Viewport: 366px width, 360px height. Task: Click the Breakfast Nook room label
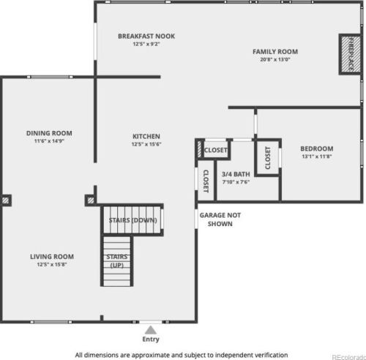pyautogui.click(x=146, y=36)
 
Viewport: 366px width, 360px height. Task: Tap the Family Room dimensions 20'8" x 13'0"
pyautogui.click(x=275, y=59)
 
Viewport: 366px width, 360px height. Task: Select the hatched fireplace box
pyautogui.click(x=350, y=54)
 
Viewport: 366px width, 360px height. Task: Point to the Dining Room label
pyautogui.click(x=49, y=133)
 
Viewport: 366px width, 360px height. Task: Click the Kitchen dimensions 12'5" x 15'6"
pyautogui.click(x=146, y=144)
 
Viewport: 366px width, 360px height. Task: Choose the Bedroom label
pyautogui.click(x=317, y=149)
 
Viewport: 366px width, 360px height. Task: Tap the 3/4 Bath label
pyautogui.click(x=236, y=174)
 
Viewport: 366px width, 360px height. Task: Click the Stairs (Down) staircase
pyautogui.click(x=132, y=220)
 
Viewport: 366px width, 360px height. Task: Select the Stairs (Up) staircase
pyautogui.click(x=117, y=261)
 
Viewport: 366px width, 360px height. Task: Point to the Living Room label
pyautogui.click(x=52, y=257)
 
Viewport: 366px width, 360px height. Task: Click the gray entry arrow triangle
pyautogui.click(x=151, y=330)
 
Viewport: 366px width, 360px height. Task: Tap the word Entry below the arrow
pyautogui.click(x=151, y=340)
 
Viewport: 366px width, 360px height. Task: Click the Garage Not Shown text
pyautogui.click(x=220, y=220)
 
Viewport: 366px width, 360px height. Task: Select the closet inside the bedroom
pyautogui.click(x=268, y=157)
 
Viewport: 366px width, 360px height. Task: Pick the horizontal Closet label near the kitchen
pyautogui.click(x=216, y=150)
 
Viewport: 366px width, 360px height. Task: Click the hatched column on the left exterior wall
pyautogui.click(x=6, y=200)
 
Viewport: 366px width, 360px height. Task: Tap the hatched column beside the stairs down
pyautogui.click(x=91, y=200)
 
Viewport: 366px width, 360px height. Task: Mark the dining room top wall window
pyautogui.click(x=50, y=77)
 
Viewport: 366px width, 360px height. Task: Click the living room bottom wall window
pyautogui.click(x=51, y=322)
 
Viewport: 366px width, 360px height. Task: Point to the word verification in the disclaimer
pyautogui.click(x=272, y=355)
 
